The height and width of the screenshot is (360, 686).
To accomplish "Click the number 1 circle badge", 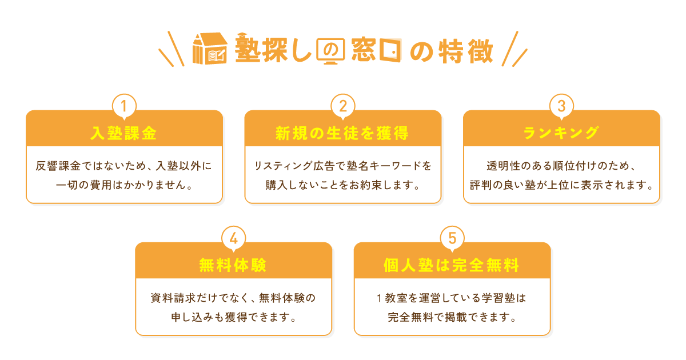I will (124, 106).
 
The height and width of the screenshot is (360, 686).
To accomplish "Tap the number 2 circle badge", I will (343, 106).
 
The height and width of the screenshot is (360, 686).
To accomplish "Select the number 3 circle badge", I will (561, 106).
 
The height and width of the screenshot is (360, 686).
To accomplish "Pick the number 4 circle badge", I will (233, 238).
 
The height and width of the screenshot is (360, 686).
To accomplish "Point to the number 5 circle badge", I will (452, 238).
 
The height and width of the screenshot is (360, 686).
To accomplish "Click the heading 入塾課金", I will (124, 133).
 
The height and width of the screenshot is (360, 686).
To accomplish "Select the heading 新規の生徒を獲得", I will (342, 133).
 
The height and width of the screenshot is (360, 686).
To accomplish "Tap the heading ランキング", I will (561, 133).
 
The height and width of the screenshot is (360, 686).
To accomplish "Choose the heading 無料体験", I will (233, 265).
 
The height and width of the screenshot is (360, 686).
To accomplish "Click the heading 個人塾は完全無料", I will (452, 265).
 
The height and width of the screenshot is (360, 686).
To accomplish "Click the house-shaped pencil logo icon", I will (210, 49).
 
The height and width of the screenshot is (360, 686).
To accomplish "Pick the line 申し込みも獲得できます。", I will (233, 317).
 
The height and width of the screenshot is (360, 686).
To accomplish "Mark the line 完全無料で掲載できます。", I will (452, 317).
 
